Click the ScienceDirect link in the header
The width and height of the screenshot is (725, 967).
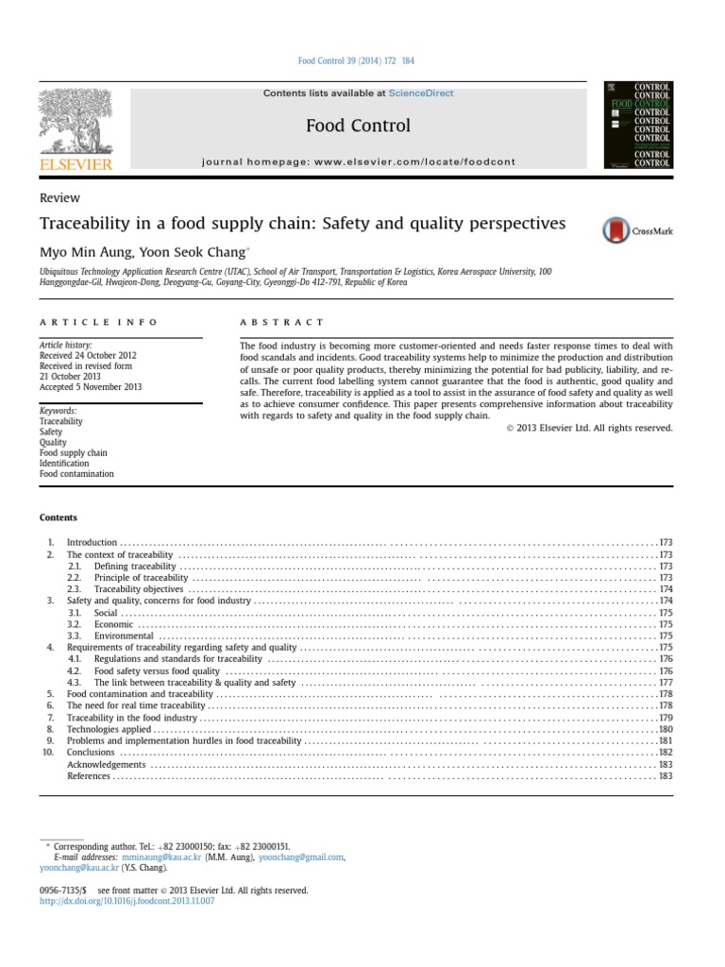pyautogui.click(x=422, y=93)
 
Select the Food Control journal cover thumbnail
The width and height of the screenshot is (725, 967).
pyautogui.click(x=637, y=126)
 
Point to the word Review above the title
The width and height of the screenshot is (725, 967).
pyautogui.click(x=59, y=198)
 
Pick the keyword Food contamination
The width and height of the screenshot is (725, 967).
pyautogui.click(x=76, y=474)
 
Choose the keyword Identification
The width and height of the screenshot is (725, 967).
pyautogui.click(x=64, y=464)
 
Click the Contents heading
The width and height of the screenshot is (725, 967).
pyautogui.click(x=58, y=517)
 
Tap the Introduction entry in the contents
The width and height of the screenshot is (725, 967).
pyautogui.click(x=92, y=543)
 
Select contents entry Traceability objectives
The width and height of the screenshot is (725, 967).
pyautogui.click(x=139, y=588)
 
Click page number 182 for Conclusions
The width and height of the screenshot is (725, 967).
pyautogui.click(x=665, y=752)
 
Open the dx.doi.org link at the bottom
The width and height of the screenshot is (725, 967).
pyautogui.click(x=126, y=902)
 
